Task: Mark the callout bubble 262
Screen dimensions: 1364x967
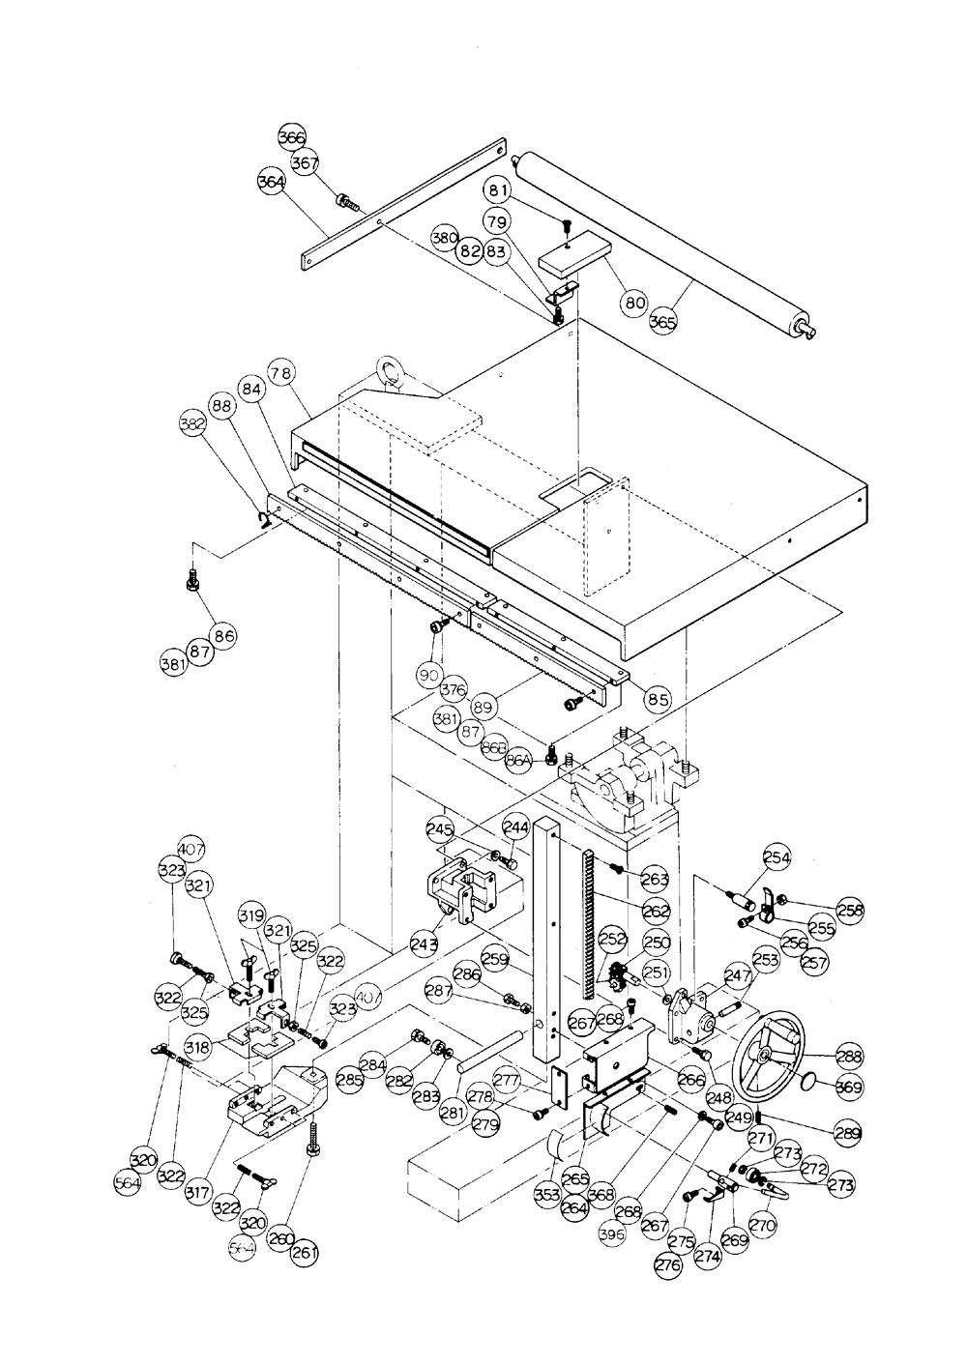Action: click(x=656, y=910)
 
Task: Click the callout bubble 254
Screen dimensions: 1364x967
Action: click(x=777, y=856)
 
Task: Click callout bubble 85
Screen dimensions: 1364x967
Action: click(x=658, y=700)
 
